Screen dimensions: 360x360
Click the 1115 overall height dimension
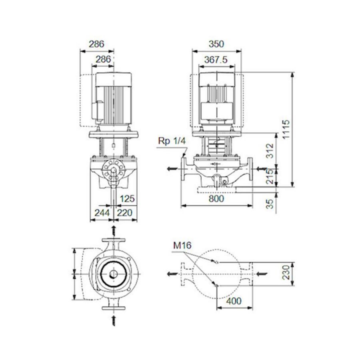tap(284, 129)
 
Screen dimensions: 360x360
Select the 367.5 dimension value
tap(216, 60)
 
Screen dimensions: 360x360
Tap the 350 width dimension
tap(216, 44)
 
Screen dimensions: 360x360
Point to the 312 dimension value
tap(269, 151)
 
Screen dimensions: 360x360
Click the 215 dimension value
tap(269, 176)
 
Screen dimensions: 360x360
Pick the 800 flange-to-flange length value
tap(216, 198)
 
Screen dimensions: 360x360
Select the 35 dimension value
tap(269, 204)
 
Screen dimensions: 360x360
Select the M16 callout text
tap(182, 246)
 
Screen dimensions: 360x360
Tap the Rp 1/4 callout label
tap(171, 140)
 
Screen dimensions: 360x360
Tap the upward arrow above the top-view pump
tap(114, 231)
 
